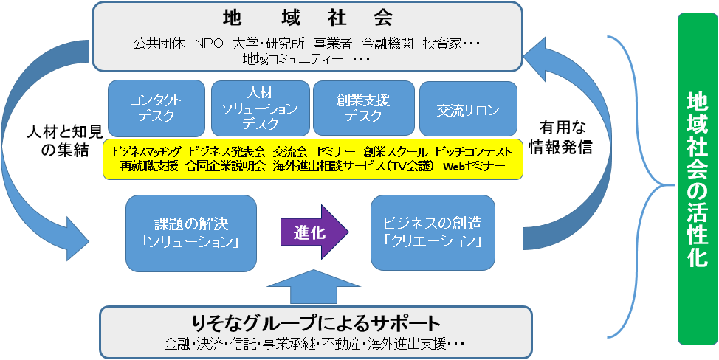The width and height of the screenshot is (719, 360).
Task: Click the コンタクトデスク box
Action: (156, 108)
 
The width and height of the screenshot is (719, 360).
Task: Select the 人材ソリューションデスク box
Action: (259, 108)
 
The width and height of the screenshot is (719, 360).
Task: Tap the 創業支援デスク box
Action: (362, 108)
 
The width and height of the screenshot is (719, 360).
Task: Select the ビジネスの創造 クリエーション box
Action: (433, 232)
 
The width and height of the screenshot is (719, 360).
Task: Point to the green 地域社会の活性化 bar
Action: (697, 179)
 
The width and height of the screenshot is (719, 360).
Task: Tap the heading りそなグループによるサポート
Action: (314, 324)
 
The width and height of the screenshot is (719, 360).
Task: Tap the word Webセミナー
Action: (474, 167)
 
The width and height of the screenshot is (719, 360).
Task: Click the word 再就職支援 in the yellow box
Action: (150, 167)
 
